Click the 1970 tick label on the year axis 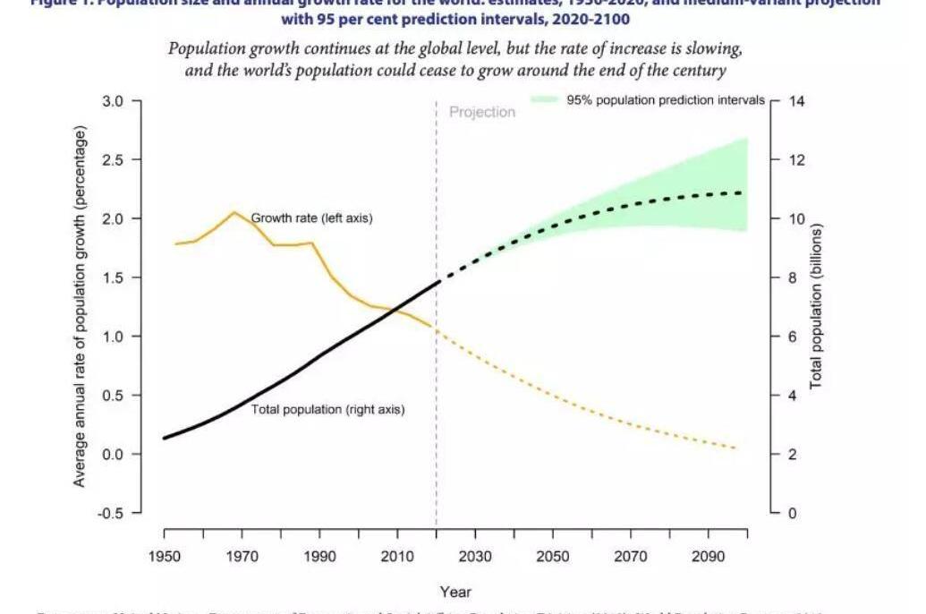pyautogui.click(x=242, y=557)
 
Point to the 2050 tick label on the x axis pyautogui.click(x=553, y=557)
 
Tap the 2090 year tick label pyautogui.click(x=709, y=557)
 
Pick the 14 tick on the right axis pyautogui.click(x=796, y=101)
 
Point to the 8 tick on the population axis pyautogui.click(x=792, y=278)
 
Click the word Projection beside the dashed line pyautogui.click(x=482, y=113)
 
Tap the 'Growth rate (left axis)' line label pyautogui.click(x=311, y=217)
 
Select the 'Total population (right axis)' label pyautogui.click(x=327, y=409)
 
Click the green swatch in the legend pyautogui.click(x=545, y=100)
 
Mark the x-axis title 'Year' pyautogui.click(x=455, y=592)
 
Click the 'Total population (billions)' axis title pyautogui.click(x=816, y=306)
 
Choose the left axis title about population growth pyautogui.click(x=80, y=307)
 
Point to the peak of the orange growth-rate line pyautogui.click(x=234, y=212)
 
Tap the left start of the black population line pyautogui.click(x=166, y=438)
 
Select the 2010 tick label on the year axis pyautogui.click(x=397, y=557)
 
